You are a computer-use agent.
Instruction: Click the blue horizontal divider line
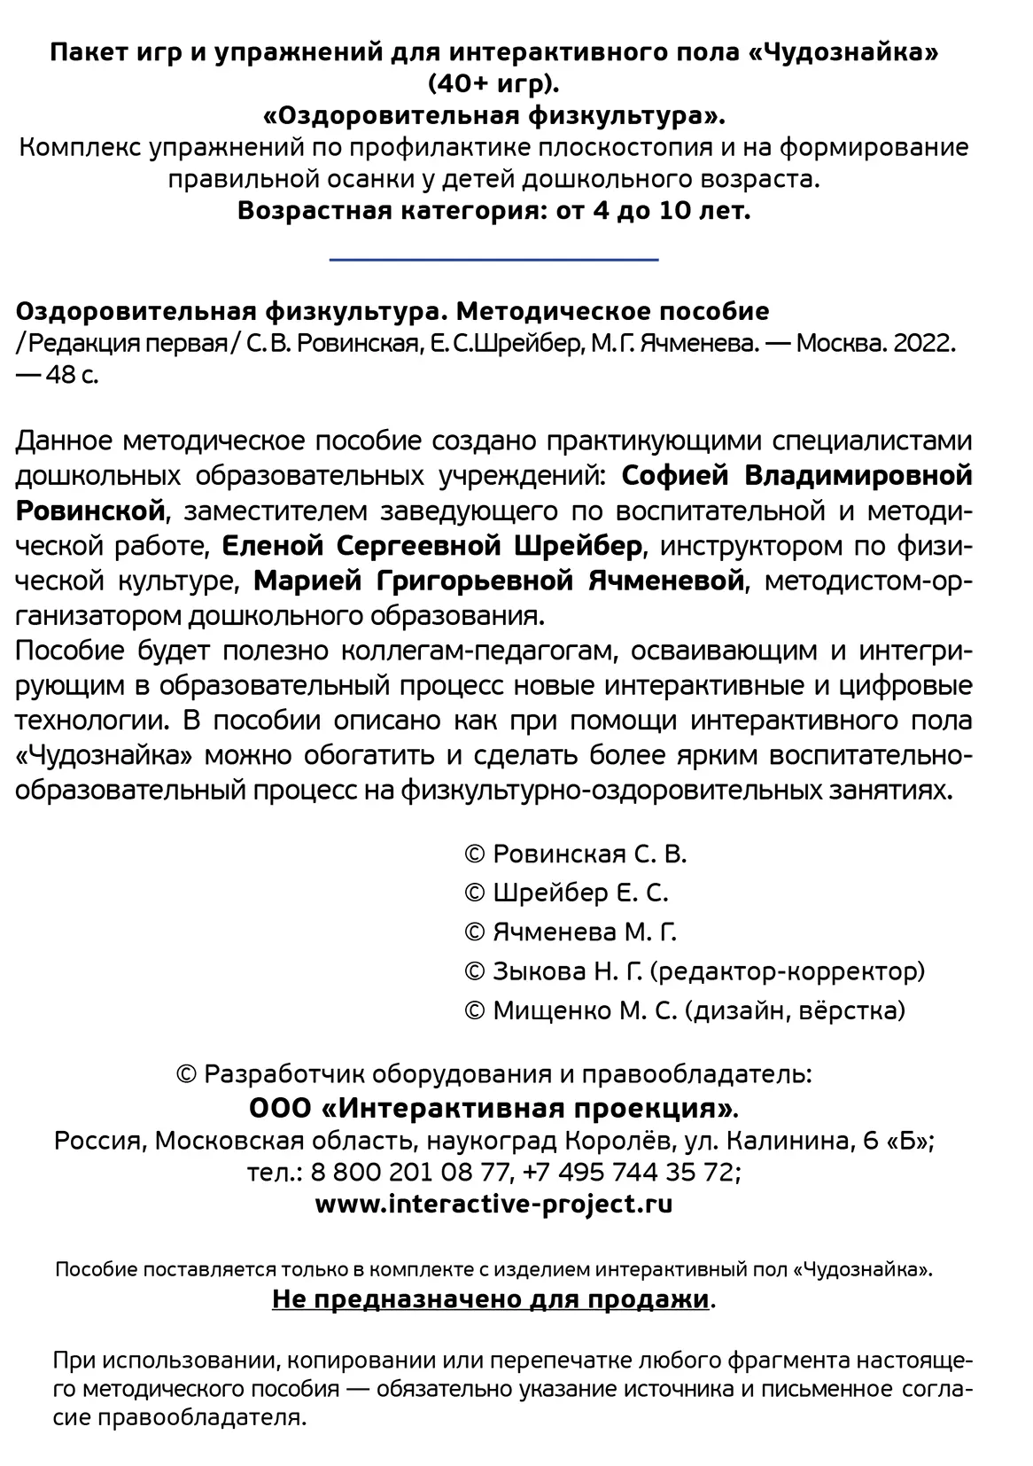pyautogui.click(x=493, y=260)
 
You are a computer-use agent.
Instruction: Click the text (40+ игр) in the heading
pyautogui.click(x=493, y=84)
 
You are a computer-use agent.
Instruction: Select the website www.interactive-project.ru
pyautogui.click(x=493, y=1205)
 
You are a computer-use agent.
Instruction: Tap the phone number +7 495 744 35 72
pyautogui.click(x=630, y=1172)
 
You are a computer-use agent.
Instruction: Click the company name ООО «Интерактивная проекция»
pyautogui.click(x=493, y=1109)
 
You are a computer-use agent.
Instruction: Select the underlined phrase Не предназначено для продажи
pyautogui.click(x=490, y=1300)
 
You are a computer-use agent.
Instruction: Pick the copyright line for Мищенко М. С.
pyautogui.click(x=684, y=1010)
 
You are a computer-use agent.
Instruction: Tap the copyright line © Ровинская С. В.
pyautogui.click(x=575, y=854)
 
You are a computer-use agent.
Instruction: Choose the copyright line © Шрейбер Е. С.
pyautogui.click(x=566, y=893)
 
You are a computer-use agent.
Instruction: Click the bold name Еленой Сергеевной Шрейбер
pyautogui.click(x=431, y=546)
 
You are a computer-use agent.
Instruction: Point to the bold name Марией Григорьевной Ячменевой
pyautogui.click(x=498, y=581)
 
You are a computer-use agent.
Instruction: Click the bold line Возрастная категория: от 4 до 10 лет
pyautogui.click(x=493, y=212)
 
